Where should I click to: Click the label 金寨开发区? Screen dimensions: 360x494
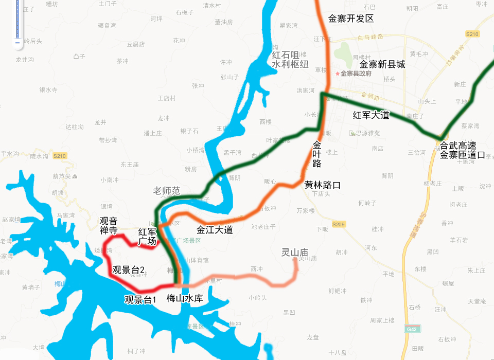pos(350,19)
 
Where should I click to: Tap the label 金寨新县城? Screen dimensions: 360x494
pos(382,64)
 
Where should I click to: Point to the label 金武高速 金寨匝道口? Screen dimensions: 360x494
pos(462,150)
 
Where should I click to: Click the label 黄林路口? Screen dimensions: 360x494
pos(323,185)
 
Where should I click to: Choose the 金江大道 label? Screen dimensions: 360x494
pos(215,230)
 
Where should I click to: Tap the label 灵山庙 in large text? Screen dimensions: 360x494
pos(294,253)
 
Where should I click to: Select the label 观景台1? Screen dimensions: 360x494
pos(140,299)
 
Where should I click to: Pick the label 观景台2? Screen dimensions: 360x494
pos(128,269)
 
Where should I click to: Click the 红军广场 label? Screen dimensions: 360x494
pos(147,237)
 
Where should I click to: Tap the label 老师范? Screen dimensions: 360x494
pos(167,191)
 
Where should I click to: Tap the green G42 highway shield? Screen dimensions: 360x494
pos(411,329)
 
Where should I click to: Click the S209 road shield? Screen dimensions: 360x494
pos(338,224)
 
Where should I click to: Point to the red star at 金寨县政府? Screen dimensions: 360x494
pos(338,74)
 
